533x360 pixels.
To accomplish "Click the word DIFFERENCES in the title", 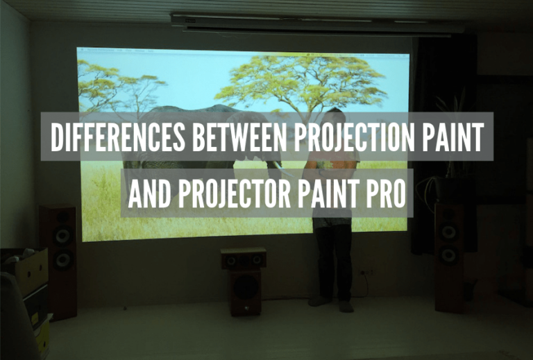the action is point(117,137).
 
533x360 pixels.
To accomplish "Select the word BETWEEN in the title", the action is point(238,137).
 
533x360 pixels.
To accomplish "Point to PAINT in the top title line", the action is point(453,137).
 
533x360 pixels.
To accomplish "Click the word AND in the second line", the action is point(149,194).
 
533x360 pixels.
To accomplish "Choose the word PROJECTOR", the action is point(234,194).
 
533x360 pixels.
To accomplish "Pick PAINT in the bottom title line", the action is point(328,194).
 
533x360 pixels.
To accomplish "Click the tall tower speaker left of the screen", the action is point(58,262).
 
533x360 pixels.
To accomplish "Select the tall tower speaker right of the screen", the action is point(450,257).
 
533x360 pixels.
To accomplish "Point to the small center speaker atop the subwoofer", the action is point(244,259).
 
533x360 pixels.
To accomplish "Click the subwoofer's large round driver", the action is point(246,286).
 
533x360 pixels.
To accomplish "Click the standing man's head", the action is point(335,116).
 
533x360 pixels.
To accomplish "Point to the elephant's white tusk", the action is point(283,169).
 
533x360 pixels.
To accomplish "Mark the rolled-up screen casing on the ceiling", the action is point(316,23).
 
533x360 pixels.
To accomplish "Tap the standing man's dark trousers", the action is point(334,262).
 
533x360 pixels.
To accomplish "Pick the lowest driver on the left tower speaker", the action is point(63,260).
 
